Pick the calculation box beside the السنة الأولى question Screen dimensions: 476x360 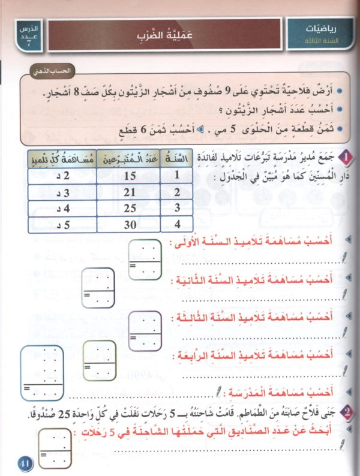145,259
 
